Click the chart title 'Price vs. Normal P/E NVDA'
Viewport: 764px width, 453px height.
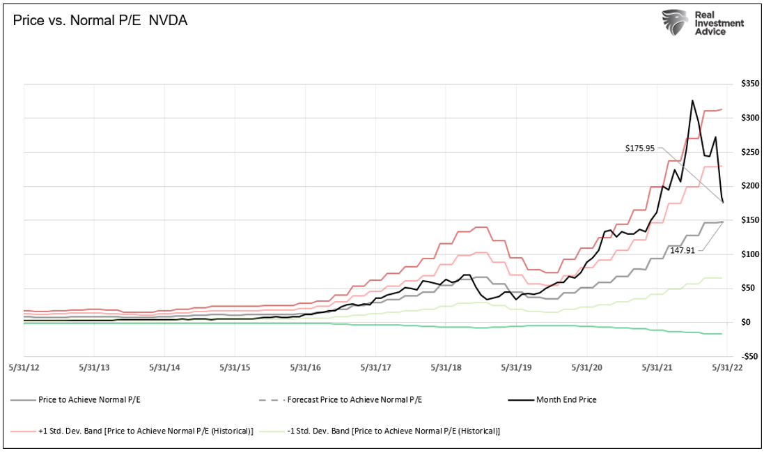[100, 22]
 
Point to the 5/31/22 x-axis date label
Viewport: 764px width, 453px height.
[727, 367]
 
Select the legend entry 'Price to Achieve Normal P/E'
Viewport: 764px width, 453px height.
[91, 399]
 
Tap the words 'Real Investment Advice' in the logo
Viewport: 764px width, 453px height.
[720, 23]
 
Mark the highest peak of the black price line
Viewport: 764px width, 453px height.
[692, 100]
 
